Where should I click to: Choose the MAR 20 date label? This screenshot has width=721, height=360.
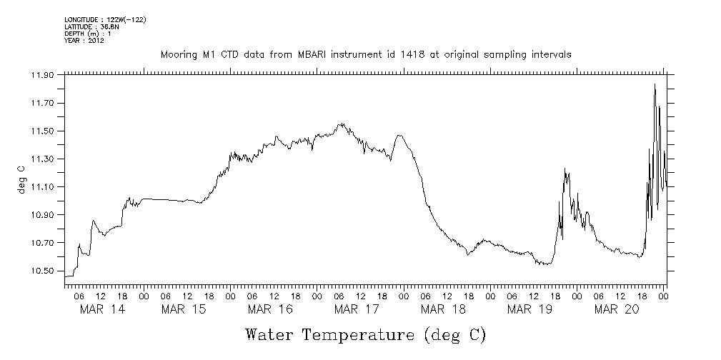(616, 309)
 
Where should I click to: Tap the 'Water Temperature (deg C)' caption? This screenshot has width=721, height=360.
(365, 334)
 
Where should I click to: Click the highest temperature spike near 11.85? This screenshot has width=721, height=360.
(655, 84)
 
